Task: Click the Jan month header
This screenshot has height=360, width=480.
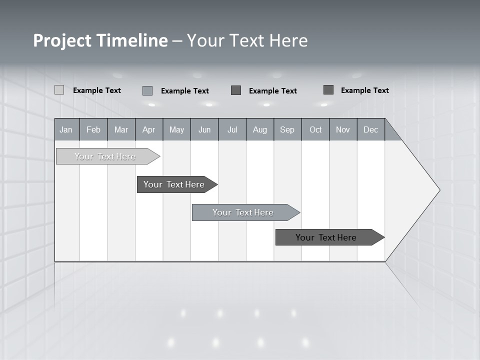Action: (x=66, y=129)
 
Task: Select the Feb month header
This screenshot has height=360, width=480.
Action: (x=93, y=129)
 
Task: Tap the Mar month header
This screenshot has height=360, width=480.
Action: (x=121, y=129)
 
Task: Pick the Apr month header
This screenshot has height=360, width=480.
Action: (x=149, y=129)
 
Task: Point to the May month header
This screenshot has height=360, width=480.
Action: (x=176, y=129)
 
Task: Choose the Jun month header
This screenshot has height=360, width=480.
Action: (x=204, y=129)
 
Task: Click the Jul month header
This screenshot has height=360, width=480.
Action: (x=232, y=129)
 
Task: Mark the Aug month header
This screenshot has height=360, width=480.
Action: (x=260, y=129)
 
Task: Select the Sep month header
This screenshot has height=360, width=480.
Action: (x=287, y=129)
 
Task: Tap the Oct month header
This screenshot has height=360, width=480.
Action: (x=315, y=129)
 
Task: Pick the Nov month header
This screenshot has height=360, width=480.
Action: (x=343, y=129)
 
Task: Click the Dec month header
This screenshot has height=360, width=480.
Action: (x=371, y=129)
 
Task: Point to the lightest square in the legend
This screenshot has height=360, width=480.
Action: (x=59, y=90)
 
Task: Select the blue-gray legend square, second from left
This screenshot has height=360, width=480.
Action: (x=147, y=90)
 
